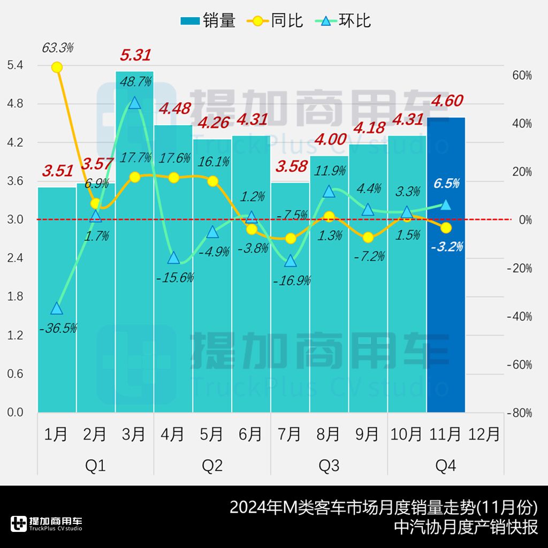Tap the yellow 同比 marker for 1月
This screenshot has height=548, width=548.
[x=57, y=67]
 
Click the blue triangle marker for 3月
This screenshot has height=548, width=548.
[x=134, y=103]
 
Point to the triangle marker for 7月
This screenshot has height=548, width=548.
[x=290, y=261]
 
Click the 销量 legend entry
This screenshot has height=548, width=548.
[x=208, y=21]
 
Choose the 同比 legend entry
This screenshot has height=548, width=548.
[x=275, y=21]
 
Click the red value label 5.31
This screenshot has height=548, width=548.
[x=135, y=55]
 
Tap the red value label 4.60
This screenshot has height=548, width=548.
[x=446, y=101]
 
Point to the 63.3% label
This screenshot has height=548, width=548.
[x=57, y=48]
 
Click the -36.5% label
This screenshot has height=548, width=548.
[x=58, y=328]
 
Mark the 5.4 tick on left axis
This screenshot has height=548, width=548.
[x=14, y=65]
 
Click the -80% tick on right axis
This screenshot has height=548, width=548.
[x=520, y=413]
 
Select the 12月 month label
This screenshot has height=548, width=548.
[x=484, y=433]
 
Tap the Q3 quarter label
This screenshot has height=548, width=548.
[x=329, y=466]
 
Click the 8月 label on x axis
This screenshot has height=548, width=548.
[x=328, y=433]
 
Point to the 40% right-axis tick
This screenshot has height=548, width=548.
[x=522, y=124]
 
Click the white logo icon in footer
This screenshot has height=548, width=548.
[x=19, y=524]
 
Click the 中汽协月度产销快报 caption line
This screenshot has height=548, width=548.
[x=465, y=527]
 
